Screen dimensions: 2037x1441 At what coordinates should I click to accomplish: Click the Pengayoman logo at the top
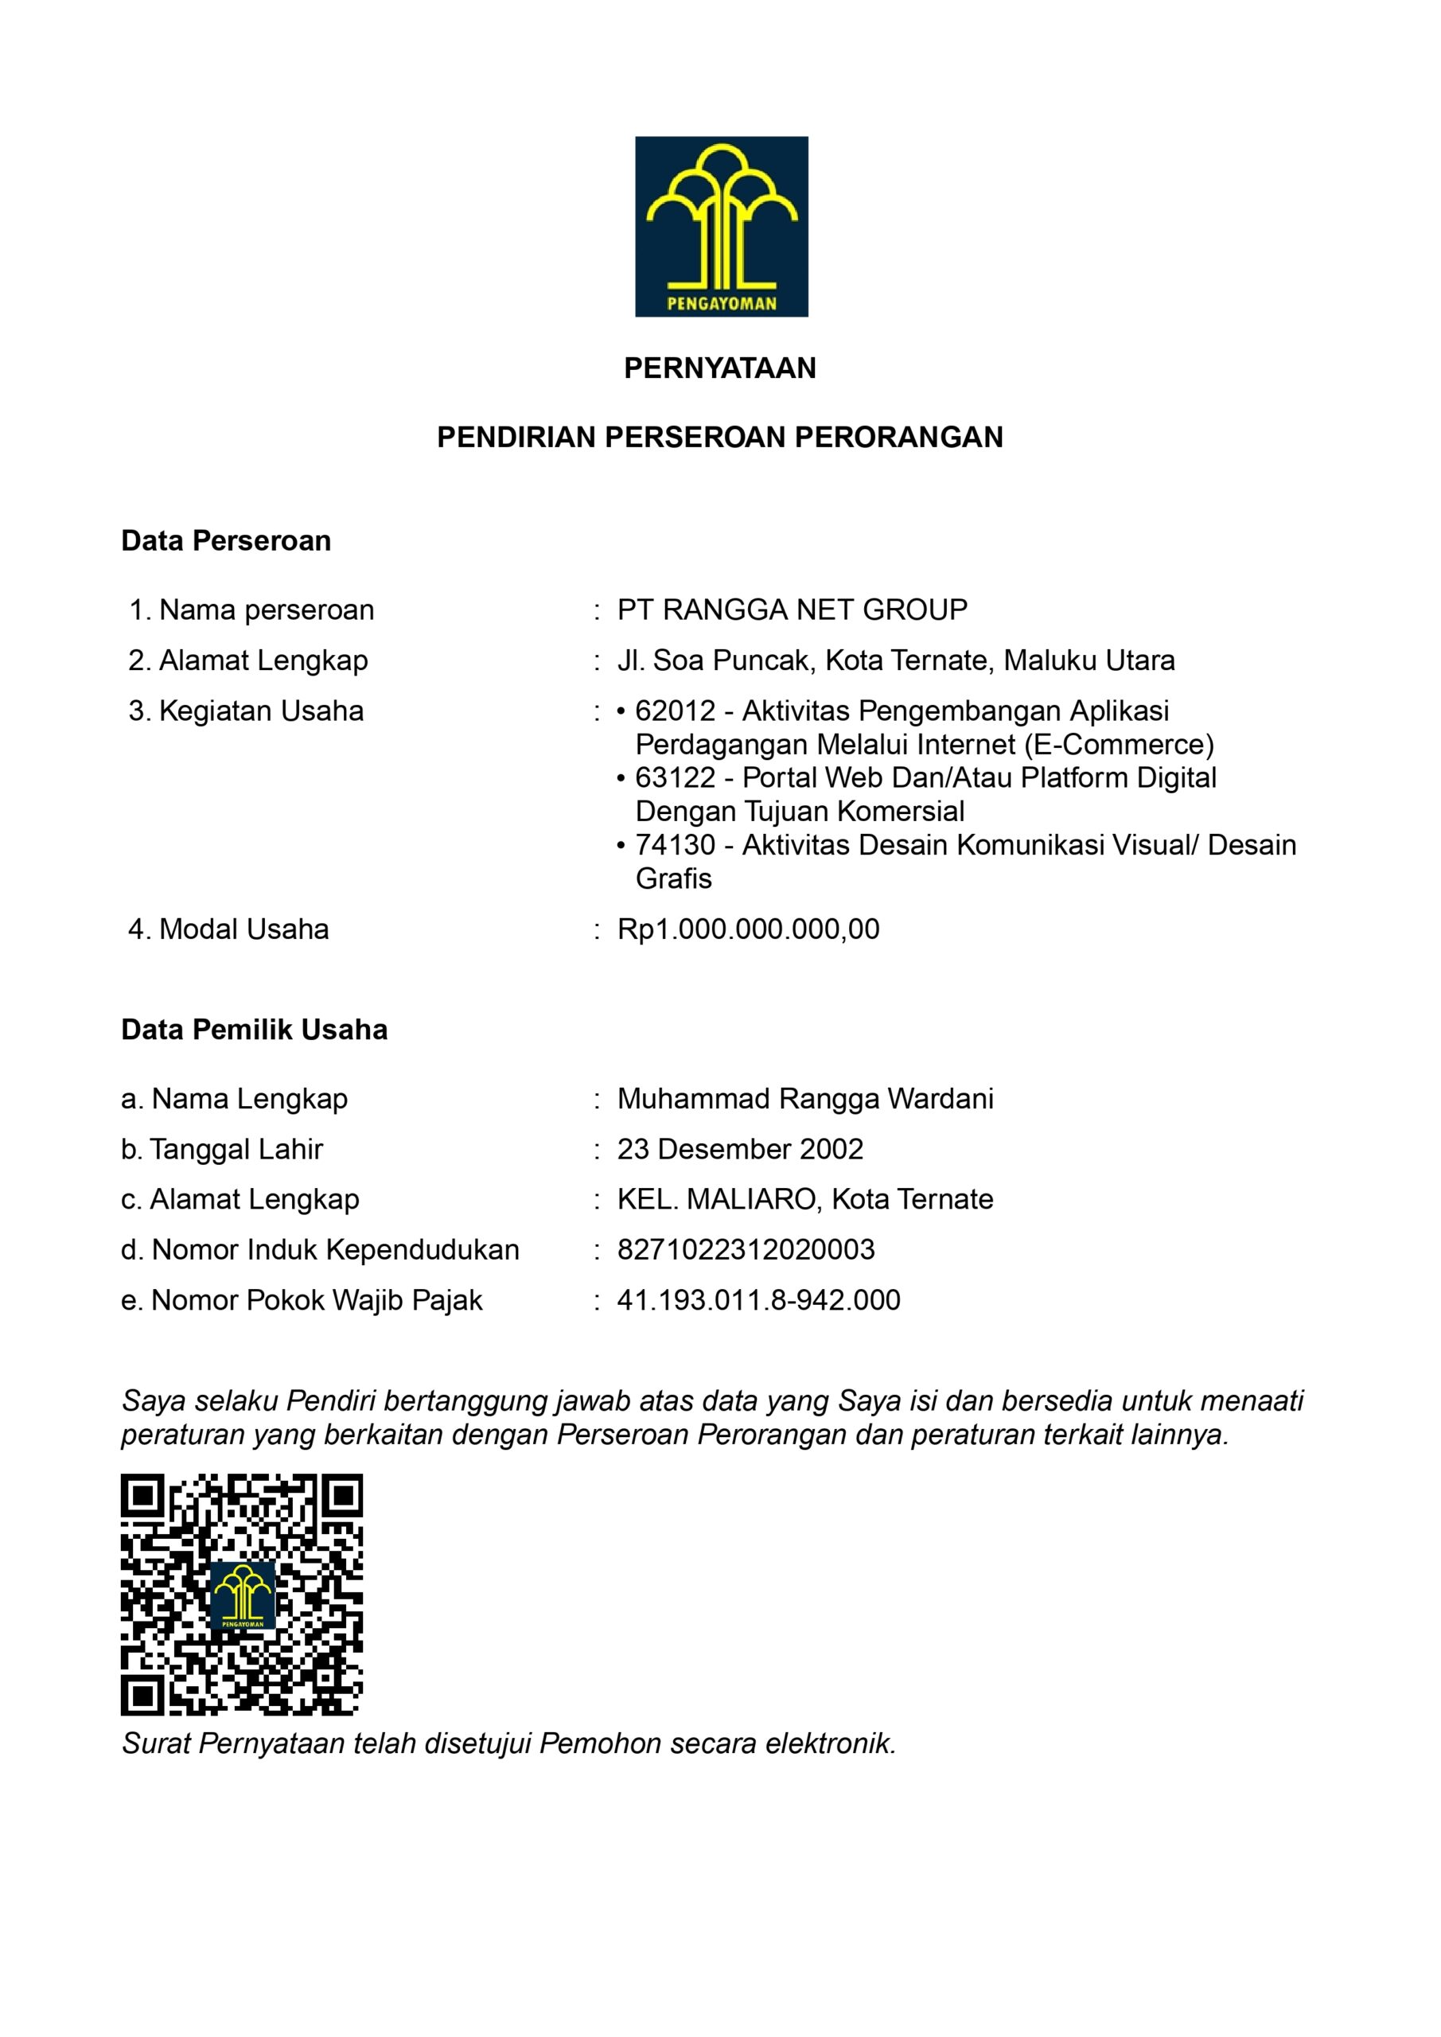coord(721,226)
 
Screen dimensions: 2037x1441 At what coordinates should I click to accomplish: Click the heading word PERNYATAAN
coord(719,368)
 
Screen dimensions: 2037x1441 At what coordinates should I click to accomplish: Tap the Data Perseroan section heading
coord(225,541)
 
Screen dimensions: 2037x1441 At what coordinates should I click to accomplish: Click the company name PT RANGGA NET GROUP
coord(792,610)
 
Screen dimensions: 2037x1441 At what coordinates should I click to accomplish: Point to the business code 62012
coord(675,711)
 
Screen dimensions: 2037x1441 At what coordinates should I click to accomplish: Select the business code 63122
coord(675,778)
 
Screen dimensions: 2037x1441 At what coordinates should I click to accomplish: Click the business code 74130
coord(675,846)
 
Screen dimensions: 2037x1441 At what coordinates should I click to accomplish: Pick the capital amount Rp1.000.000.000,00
coord(748,930)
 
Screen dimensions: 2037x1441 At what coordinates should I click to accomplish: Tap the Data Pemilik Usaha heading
coord(254,1030)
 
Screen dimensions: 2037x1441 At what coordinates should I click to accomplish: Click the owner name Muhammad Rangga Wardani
coord(804,1099)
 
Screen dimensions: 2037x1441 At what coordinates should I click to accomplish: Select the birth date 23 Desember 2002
coord(740,1150)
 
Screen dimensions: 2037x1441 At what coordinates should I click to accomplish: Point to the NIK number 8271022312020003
coord(746,1250)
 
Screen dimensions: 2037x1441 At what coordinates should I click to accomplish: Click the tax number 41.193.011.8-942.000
coord(758,1301)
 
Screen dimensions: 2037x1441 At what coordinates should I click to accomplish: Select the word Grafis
coord(673,879)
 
